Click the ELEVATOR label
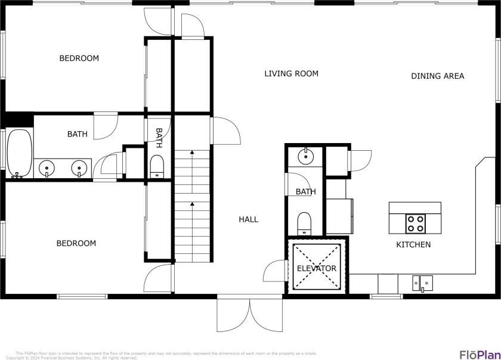pyautogui.click(x=317, y=268)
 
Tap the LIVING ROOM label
pyautogui.click(x=291, y=73)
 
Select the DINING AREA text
pyautogui.click(x=437, y=76)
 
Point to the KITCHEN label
pyautogui.click(x=413, y=244)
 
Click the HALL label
pyautogui.click(x=248, y=219)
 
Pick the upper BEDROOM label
pyautogui.click(x=79, y=58)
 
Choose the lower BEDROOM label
pyautogui.click(x=76, y=243)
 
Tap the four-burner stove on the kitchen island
pyautogui.click(x=415, y=224)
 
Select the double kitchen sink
pyautogui.click(x=422, y=282)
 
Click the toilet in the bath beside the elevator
pyautogui.click(x=304, y=222)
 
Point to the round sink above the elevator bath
pyautogui.click(x=305, y=157)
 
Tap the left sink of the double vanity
pyautogui.click(x=47, y=169)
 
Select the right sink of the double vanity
pyautogui.click(x=78, y=169)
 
